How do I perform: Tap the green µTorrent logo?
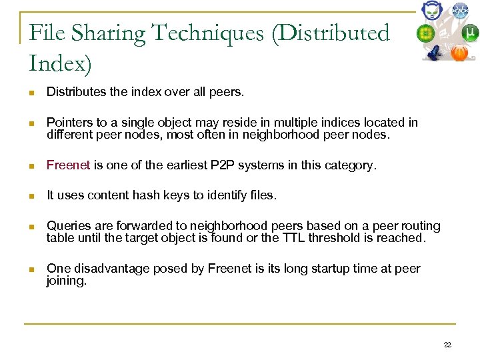[x=470, y=33]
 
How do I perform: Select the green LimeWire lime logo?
[x=426, y=33]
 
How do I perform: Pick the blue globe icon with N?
[x=460, y=10]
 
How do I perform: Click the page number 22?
[x=447, y=345]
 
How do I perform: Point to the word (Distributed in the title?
[x=329, y=33]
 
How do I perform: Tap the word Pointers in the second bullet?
[x=68, y=122]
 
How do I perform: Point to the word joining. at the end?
[x=67, y=281]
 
